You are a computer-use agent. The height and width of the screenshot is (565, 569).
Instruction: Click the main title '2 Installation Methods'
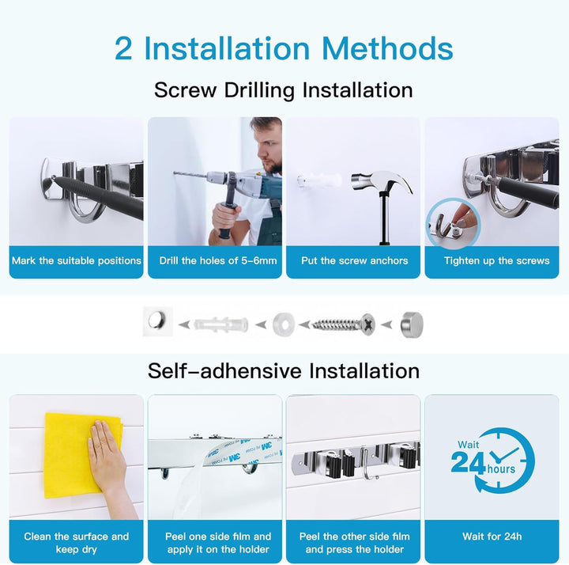click(x=284, y=48)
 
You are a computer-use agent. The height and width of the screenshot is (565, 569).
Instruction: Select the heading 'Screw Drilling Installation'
click(x=284, y=89)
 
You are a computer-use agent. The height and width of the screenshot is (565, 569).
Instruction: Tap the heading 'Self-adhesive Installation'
click(x=284, y=370)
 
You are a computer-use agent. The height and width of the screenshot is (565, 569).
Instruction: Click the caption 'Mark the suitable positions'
click(x=77, y=260)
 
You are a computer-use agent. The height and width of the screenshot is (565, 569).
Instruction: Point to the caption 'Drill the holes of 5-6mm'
click(x=215, y=260)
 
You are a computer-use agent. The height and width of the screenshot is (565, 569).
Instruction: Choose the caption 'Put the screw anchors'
click(x=354, y=260)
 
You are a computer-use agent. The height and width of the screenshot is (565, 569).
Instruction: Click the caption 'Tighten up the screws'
click(x=492, y=260)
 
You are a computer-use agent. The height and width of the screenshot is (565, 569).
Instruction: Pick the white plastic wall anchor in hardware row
click(x=221, y=324)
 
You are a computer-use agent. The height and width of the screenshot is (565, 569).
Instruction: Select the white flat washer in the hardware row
click(x=281, y=324)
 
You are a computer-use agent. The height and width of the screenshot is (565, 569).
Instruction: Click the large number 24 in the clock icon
click(x=468, y=461)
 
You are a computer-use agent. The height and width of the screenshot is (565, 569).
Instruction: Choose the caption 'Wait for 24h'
click(x=492, y=537)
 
